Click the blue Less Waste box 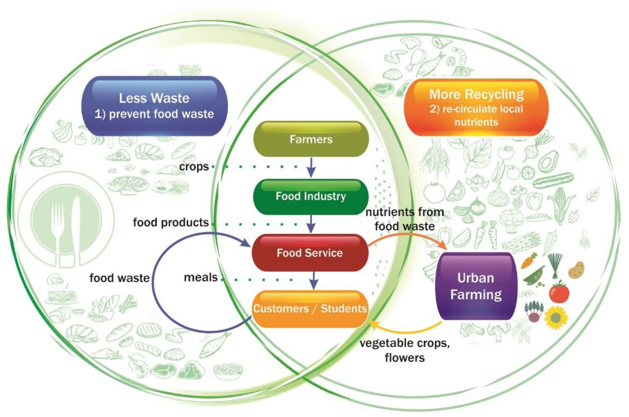point(154,106)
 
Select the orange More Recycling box point(476,108)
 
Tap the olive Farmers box point(311,139)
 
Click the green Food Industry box point(311,196)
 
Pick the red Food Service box point(310,253)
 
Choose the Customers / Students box point(310,309)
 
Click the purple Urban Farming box point(476,286)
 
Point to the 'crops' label point(194,167)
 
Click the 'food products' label point(171,223)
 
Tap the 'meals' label point(201,277)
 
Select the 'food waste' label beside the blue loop point(119,278)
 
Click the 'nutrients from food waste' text point(405,219)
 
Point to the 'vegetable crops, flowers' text point(405,350)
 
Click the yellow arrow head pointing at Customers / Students point(373,326)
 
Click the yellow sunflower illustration point(556,318)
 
